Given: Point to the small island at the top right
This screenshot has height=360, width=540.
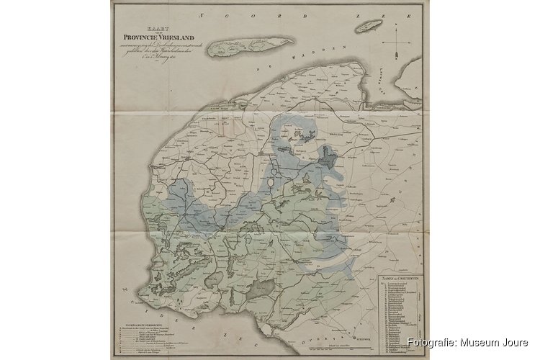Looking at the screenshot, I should (x=369, y=26).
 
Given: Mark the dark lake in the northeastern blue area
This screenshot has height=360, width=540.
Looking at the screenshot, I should (x=330, y=156).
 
